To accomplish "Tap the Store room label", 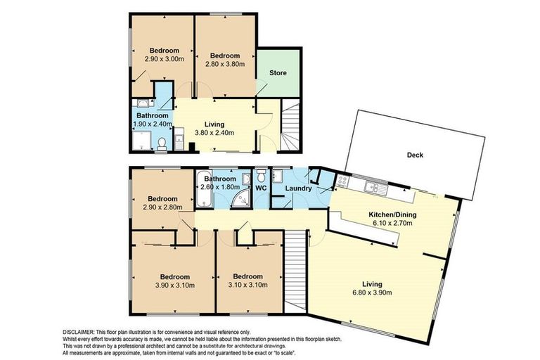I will (x=278, y=73).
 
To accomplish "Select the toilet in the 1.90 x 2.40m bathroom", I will (x=162, y=143).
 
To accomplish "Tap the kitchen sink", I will (x=373, y=187).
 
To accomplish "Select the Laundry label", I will (x=288, y=188).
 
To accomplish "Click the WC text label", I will (x=259, y=188).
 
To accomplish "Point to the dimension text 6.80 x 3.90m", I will (x=372, y=292).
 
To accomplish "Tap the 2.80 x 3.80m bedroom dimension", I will (x=224, y=64).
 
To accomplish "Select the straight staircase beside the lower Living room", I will (x=296, y=270).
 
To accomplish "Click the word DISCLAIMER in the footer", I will (x=73, y=331).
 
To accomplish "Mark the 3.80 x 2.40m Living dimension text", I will (x=214, y=132).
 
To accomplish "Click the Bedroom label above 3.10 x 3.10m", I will (x=248, y=276).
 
